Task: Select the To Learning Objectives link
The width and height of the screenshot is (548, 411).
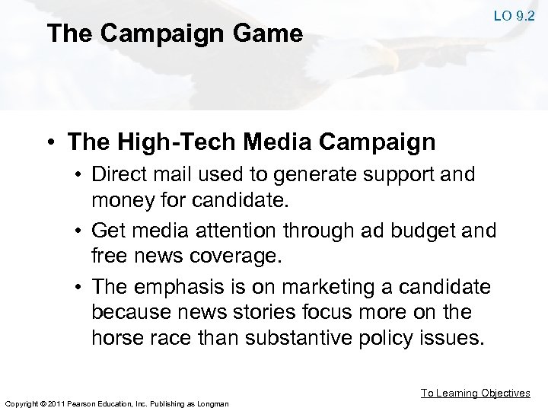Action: [x=476, y=393]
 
